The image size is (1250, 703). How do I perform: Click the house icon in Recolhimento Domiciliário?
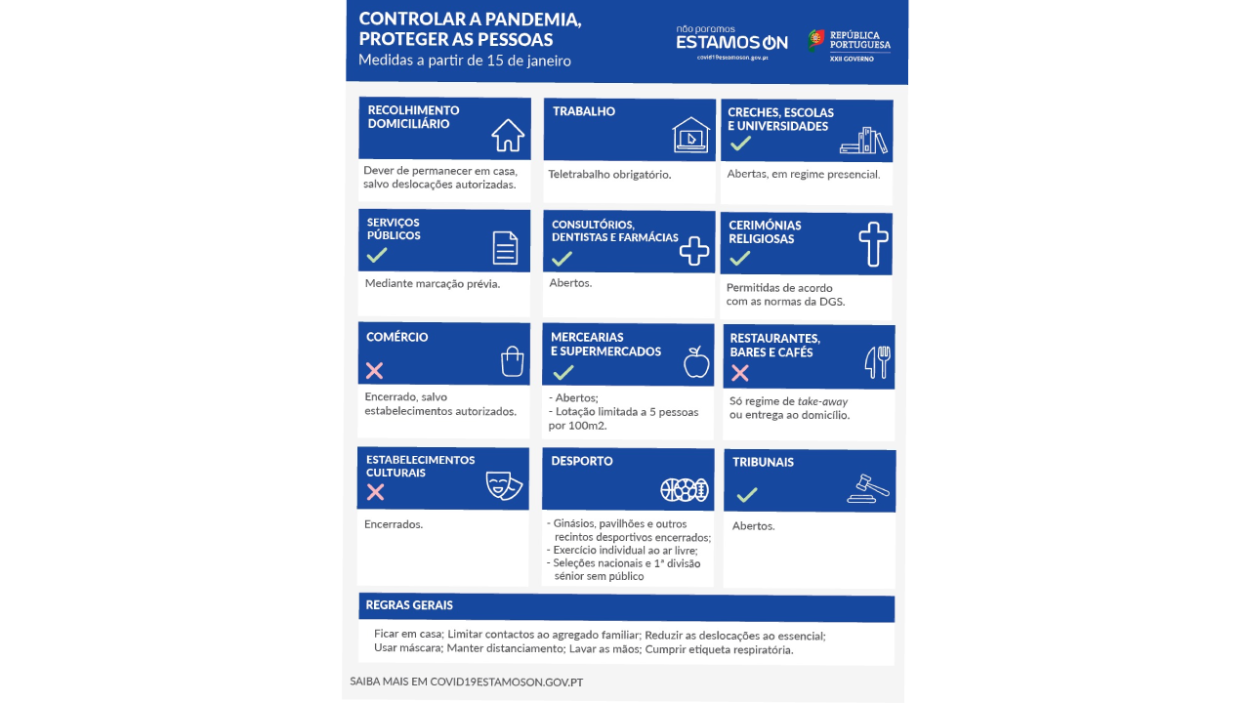pyautogui.click(x=508, y=135)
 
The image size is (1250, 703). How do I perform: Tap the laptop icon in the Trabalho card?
pyautogui.click(x=691, y=136)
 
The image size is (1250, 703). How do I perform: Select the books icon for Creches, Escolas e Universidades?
pyautogui.click(x=864, y=141)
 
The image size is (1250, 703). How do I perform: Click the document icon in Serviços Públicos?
pyautogui.click(x=505, y=248)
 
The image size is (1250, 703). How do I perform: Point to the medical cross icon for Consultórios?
pyautogui.click(x=693, y=251)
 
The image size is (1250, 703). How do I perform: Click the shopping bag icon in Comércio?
pyautogui.click(x=512, y=361)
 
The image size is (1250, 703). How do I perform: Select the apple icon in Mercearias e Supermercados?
pyautogui.click(x=696, y=362)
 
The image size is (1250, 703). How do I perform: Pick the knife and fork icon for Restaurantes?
pyautogui.click(x=878, y=362)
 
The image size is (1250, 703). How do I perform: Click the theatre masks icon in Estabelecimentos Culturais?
pyautogui.click(x=504, y=485)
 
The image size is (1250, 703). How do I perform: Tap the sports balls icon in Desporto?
pyautogui.click(x=684, y=489)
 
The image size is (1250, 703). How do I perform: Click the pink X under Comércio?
pyautogui.click(x=374, y=370)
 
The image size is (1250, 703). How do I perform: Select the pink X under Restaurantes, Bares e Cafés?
pyautogui.click(x=740, y=372)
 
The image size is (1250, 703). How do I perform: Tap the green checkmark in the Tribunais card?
pyautogui.click(x=747, y=494)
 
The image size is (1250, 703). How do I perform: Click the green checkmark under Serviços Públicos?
pyautogui.click(x=377, y=255)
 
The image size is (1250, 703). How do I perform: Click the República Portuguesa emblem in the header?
pyautogui.click(x=815, y=39)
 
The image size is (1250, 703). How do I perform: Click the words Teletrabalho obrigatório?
pyautogui.click(x=609, y=175)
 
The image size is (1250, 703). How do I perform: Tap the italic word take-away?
pyautogui.click(x=822, y=401)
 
